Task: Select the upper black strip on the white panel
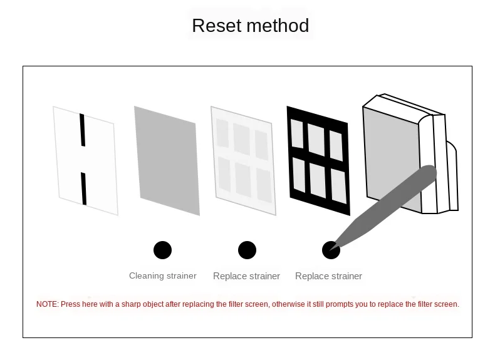[x=82, y=130]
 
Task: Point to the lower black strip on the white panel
[x=83, y=188]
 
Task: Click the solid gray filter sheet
[x=167, y=160]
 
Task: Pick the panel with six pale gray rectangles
[x=243, y=160]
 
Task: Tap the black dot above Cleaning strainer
[x=162, y=250]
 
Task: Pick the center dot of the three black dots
[x=247, y=250]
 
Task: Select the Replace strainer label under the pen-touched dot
[x=328, y=276]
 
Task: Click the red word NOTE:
[x=47, y=304]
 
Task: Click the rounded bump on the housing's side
[x=452, y=175]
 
